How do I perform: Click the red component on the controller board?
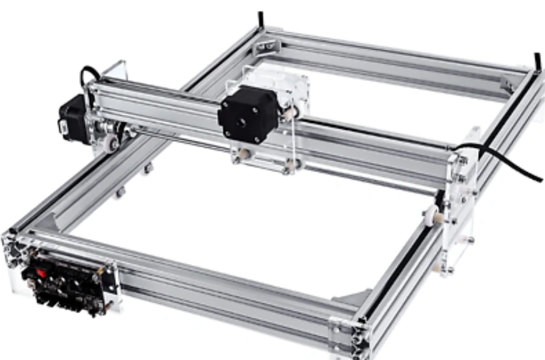(x=43, y=272)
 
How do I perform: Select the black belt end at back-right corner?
(x=536, y=61)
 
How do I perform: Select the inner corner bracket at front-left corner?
(x=51, y=224)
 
